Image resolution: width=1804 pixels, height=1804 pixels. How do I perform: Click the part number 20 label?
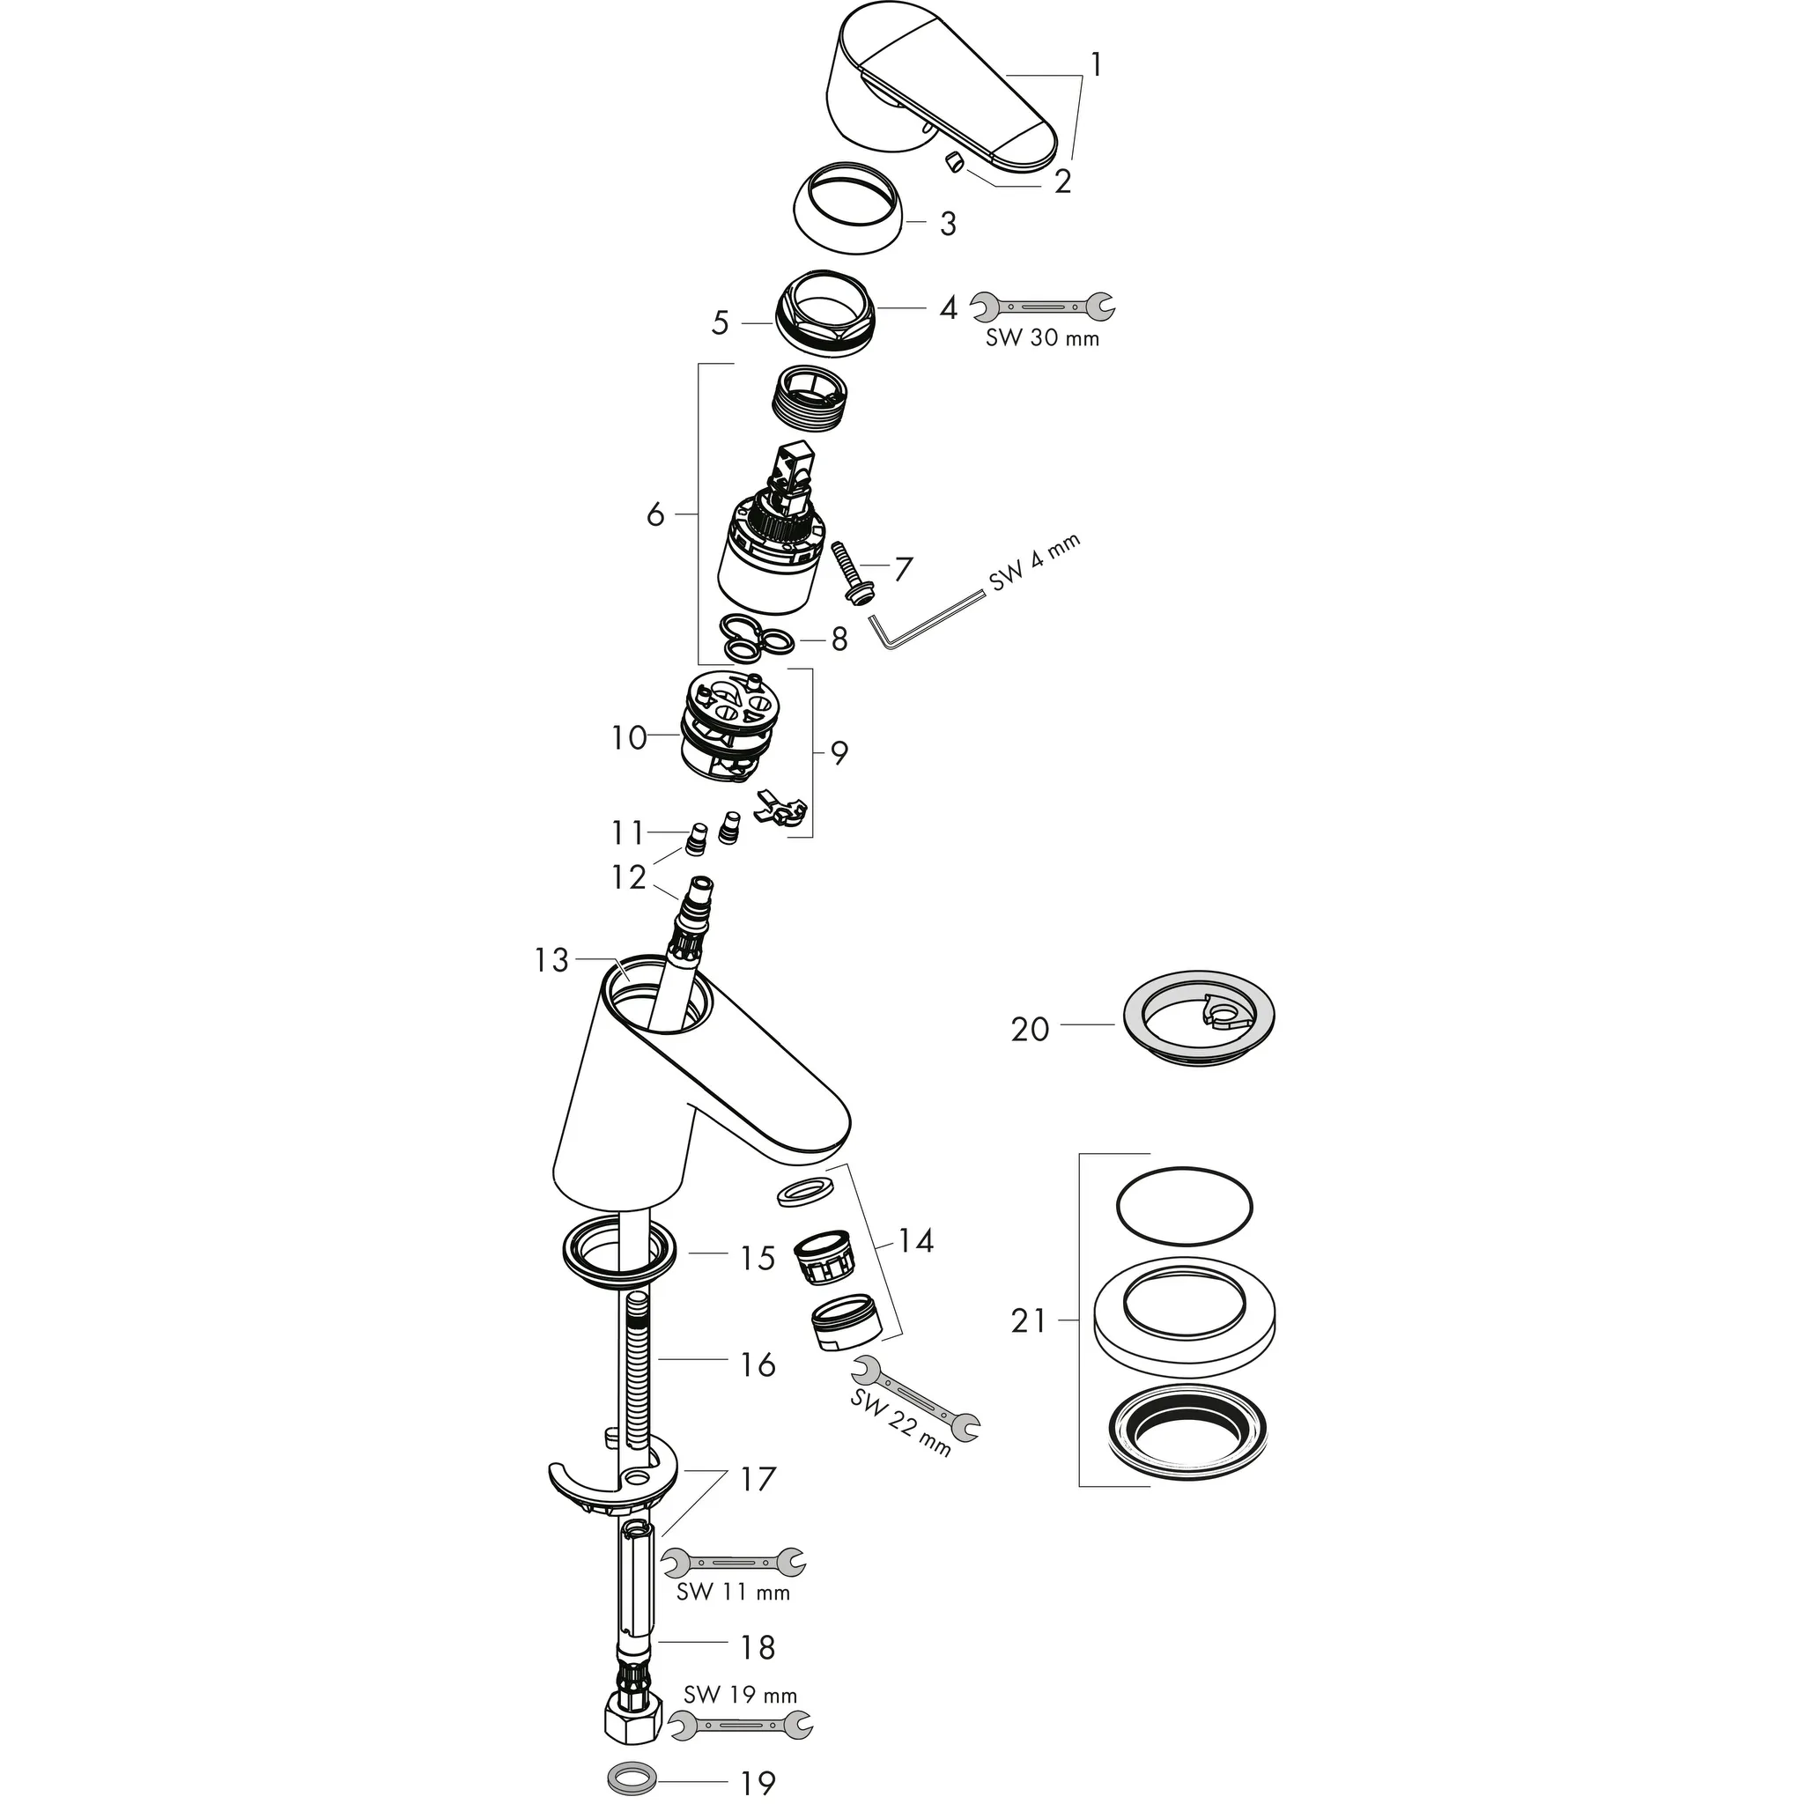point(1030,1029)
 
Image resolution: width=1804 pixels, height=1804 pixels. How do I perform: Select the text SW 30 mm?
point(1042,338)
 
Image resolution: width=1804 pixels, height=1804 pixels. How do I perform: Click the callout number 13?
point(551,960)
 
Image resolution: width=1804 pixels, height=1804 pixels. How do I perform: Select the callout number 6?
point(655,514)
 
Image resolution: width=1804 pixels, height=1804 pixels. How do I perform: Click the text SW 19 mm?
point(741,1694)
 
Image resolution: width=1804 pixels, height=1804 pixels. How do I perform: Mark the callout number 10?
point(628,737)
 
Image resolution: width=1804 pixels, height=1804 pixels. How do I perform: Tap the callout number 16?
point(758,1364)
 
